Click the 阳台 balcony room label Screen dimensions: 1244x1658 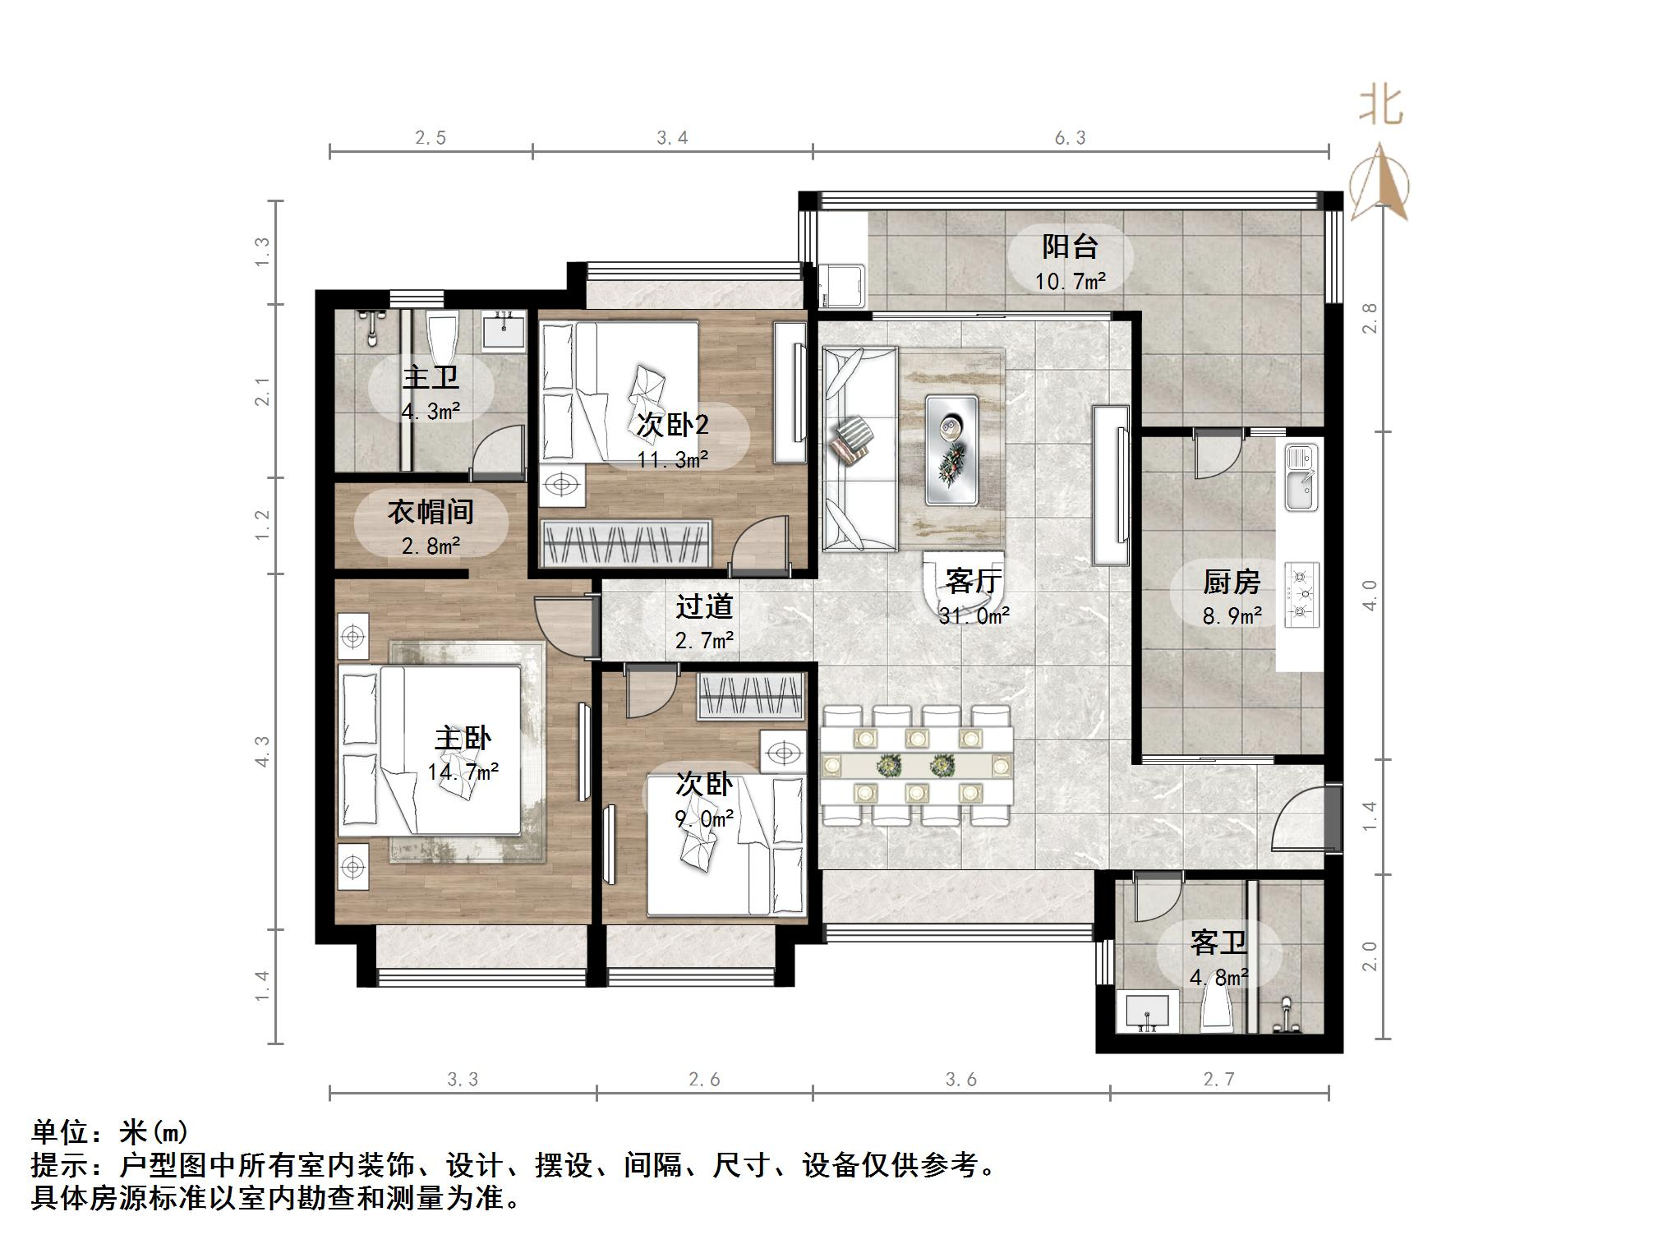[x=1070, y=246]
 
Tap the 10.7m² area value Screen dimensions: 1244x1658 [x=1070, y=282]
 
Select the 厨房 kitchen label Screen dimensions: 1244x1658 [x=1231, y=582]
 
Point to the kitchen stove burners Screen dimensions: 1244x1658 [x=1301, y=594]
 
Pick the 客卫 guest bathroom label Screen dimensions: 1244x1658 [x=1218, y=942]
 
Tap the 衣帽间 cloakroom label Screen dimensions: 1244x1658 [x=431, y=512]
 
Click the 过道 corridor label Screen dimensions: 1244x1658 [x=704, y=606]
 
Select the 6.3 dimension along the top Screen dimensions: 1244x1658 [x=1070, y=138]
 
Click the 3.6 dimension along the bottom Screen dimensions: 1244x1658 [x=960, y=1080]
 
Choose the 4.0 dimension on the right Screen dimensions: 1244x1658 [x=1369, y=595]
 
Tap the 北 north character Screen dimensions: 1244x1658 [x=1380, y=108]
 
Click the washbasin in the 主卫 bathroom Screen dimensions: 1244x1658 [x=503, y=332]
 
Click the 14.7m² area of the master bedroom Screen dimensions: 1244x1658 [x=463, y=772]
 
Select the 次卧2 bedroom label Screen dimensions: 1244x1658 [x=672, y=425]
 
